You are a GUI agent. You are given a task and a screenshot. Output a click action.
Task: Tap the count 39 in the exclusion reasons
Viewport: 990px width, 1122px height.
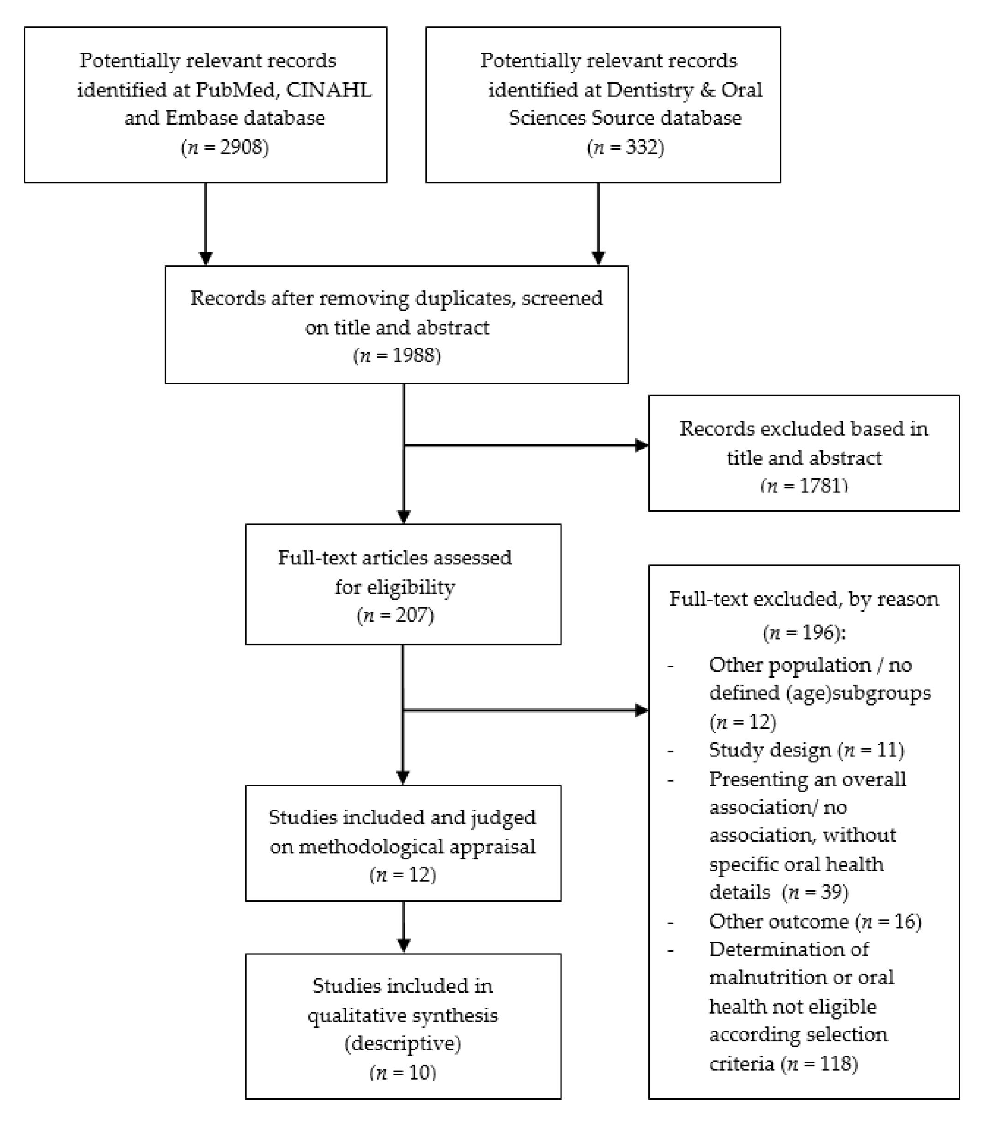pyautogui.click(x=831, y=892)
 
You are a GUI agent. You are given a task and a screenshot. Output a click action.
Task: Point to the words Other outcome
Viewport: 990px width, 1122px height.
pyautogui.click(x=779, y=921)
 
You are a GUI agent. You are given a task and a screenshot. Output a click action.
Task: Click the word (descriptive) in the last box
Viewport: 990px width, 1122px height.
pyautogui.click(x=403, y=1043)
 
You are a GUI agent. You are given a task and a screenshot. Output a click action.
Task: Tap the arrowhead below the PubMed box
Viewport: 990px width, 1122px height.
pyautogui.click(x=206, y=258)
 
